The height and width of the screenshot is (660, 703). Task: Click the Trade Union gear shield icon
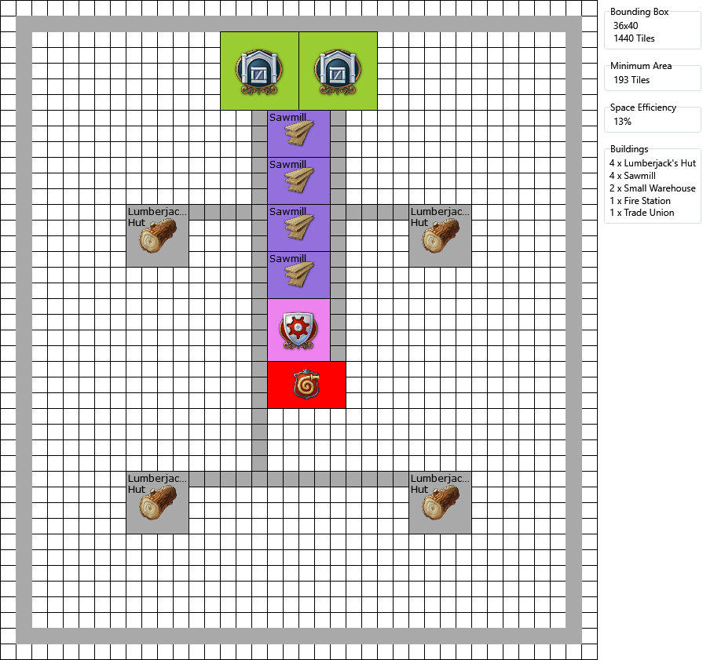pyautogui.click(x=298, y=330)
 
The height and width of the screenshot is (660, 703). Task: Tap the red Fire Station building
pyautogui.click(x=306, y=385)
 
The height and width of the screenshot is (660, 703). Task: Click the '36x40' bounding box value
pyautogui.click(x=625, y=26)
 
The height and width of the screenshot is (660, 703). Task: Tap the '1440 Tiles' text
pyautogui.click(x=634, y=38)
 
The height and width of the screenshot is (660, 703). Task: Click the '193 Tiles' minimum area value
pyautogui.click(x=632, y=80)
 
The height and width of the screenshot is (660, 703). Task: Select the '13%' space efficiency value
pyautogui.click(x=622, y=122)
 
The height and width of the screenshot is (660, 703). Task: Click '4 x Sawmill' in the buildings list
pyautogui.click(x=639, y=176)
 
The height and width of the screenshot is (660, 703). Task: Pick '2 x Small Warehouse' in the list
pyautogui.click(x=652, y=188)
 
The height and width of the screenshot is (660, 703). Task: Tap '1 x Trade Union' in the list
pyautogui.click(x=642, y=213)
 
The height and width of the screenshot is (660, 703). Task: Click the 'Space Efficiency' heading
pyautogui.click(x=643, y=108)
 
